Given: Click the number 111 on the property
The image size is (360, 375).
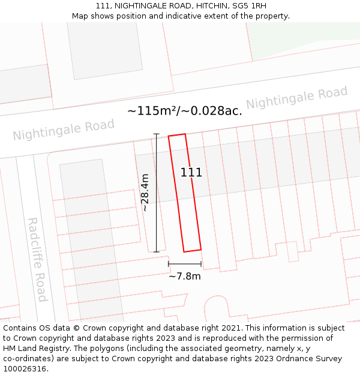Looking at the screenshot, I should click(x=191, y=173).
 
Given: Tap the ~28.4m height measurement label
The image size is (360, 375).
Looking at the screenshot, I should click(x=145, y=192).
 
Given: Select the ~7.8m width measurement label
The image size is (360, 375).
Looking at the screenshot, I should click(x=184, y=276).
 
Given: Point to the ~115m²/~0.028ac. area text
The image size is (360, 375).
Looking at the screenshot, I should click(x=185, y=111).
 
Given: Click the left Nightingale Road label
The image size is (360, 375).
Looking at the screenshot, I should click(x=64, y=130).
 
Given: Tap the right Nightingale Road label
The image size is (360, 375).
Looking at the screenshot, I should click(x=296, y=98).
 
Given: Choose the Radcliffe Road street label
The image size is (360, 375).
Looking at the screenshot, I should click(x=37, y=259).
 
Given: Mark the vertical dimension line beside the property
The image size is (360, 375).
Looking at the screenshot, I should click(x=157, y=192).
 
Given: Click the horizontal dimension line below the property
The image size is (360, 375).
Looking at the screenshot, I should click(x=184, y=263).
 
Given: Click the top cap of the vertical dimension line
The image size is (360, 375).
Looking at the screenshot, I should click(x=157, y=134).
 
